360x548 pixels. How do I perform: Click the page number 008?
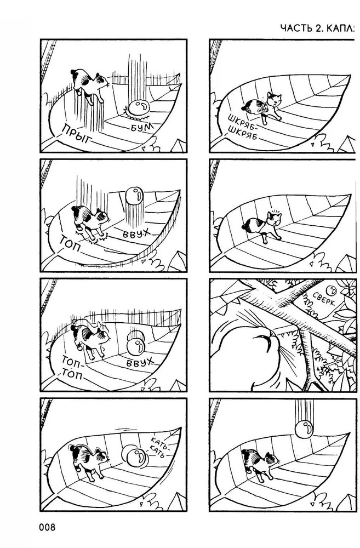pos(48,527)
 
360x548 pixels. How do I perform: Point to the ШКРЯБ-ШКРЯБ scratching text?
pos(242,127)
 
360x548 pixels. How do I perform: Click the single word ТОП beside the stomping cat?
pos(71,244)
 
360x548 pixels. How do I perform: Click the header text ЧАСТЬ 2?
pos(302,28)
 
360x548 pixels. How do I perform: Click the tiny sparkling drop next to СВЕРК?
pos(330,290)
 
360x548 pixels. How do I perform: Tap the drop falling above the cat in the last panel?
pos(305,429)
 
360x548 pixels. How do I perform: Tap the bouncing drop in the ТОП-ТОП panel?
pos(135,345)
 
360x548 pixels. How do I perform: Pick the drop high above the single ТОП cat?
pos(134,196)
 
